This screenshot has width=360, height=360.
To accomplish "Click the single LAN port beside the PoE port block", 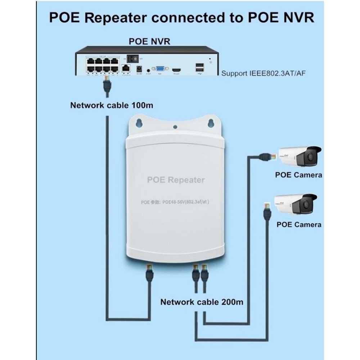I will point(126,67).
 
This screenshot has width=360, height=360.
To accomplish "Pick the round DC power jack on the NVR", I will point(138,68).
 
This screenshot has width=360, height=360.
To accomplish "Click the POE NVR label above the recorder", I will point(149,41).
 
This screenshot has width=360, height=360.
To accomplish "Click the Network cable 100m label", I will point(112,105).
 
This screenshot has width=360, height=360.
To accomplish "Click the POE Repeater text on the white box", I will point(176,180).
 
